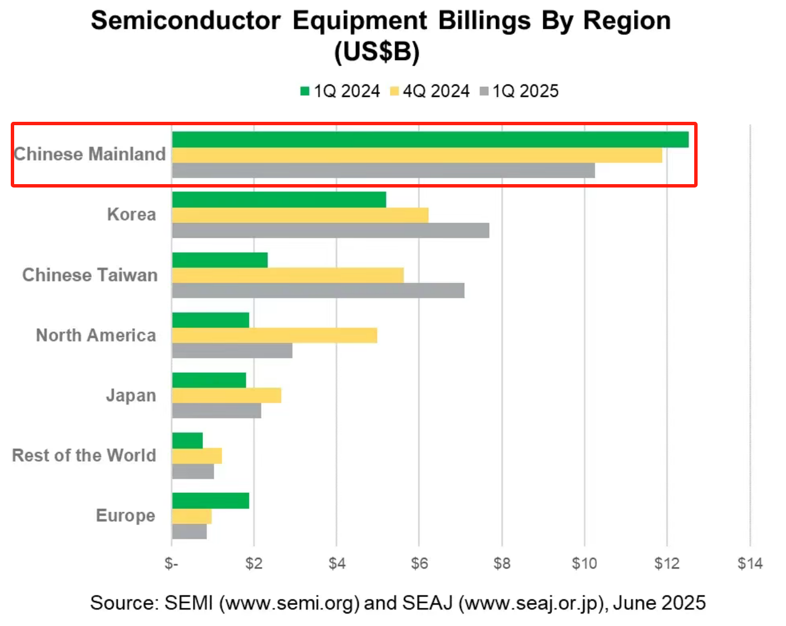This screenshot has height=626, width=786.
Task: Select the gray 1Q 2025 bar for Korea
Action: (x=330, y=231)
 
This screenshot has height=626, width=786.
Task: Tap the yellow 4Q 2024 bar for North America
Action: (x=274, y=335)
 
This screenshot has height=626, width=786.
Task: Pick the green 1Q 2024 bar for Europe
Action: (x=210, y=501)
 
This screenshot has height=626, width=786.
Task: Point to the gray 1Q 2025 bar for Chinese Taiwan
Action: (x=318, y=291)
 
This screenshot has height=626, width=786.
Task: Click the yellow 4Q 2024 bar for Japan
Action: (x=226, y=395)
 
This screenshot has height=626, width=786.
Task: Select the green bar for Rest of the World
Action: (x=187, y=440)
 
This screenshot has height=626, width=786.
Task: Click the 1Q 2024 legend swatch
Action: (x=305, y=91)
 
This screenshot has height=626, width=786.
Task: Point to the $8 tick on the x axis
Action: (x=502, y=564)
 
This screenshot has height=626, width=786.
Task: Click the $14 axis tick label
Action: (x=750, y=564)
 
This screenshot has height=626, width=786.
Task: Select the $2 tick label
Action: (x=254, y=564)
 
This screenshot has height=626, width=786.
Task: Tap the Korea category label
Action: (x=131, y=215)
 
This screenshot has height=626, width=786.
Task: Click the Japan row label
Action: (x=131, y=395)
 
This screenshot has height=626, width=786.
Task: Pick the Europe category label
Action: (x=125, y=516)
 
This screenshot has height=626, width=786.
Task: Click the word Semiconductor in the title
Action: (x=186, y=21)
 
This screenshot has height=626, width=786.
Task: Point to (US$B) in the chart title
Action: (x=377, y=52)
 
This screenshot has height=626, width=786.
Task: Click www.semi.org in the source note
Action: (x=290, y=603)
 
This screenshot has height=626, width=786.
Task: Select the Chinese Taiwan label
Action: (x=90, y=275)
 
